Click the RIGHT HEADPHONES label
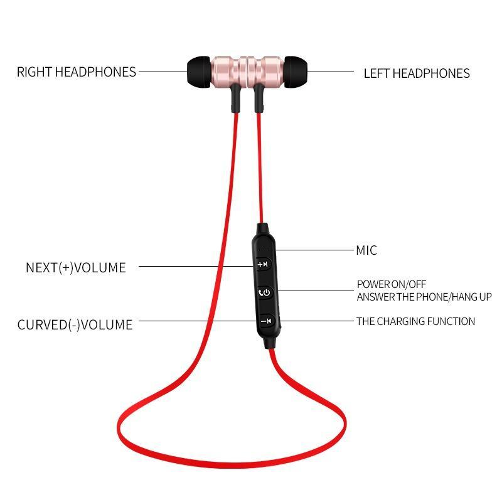(x=76, y=72)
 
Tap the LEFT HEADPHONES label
(x=417, y=73)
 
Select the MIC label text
(x=366, y=250)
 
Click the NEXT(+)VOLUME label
(x=75, y=267)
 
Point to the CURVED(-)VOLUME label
(x=75, y=325)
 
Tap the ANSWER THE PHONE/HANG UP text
(x=424, y=297)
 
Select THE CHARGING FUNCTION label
(x=415, y=321)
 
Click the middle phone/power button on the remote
(x=265, y=292)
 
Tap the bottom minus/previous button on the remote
(x=265, y=321)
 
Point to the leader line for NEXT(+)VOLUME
(x=195, y=265)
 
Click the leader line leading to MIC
(x=314, y=250)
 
